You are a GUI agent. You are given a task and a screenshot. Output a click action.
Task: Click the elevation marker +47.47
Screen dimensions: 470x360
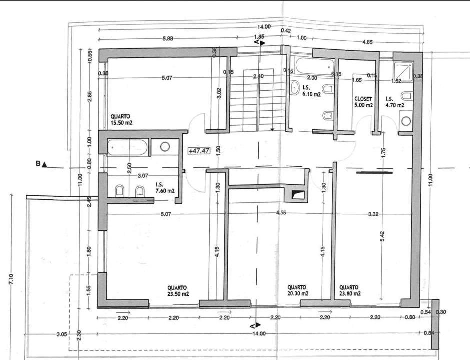[199, 151]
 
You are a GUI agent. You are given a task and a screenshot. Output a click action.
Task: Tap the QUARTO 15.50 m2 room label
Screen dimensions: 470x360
[121, 119]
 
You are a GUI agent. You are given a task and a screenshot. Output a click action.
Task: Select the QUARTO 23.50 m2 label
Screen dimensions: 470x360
[178, 290]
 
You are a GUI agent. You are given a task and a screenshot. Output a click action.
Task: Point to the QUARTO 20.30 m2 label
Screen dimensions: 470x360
[297, 290]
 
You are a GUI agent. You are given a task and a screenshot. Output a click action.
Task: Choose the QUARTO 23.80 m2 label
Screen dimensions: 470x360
[350, 290]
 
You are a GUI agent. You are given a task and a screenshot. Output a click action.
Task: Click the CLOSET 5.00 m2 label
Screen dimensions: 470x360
[363, 102]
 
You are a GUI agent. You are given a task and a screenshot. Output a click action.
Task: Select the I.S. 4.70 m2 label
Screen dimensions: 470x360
[395, 102]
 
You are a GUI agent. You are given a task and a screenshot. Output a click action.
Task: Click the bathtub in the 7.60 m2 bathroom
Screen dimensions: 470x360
[127, 147]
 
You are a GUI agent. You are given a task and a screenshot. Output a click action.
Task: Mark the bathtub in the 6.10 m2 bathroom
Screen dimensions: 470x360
[315, 66]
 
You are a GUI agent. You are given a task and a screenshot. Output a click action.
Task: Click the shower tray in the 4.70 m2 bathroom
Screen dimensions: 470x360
[404, 71]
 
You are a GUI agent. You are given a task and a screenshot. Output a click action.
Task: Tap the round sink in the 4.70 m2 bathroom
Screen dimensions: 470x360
[406, 121]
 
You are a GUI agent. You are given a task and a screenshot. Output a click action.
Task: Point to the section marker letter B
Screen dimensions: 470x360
[38, 164]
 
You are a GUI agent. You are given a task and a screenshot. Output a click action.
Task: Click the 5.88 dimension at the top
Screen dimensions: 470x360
[167, 38]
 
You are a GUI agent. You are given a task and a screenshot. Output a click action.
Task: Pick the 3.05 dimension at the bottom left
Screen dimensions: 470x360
[61, 334]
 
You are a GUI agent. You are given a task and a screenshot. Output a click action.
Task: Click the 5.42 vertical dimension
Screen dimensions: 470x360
[382, 236]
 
